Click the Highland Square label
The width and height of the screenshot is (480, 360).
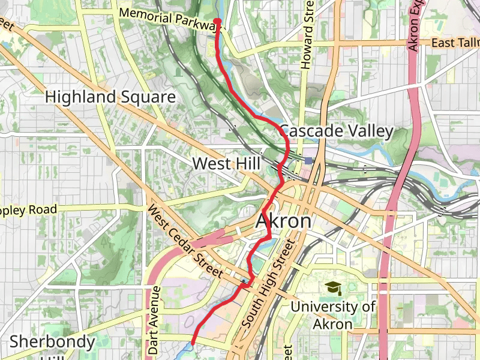[x=110, y=97]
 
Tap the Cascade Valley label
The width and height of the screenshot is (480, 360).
[x=337, y=131]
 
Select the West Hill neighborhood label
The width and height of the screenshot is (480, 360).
[x=226, y=163]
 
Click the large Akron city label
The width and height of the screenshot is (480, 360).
[x=284, y=221]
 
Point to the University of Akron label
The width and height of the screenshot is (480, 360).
[x=333, y=315]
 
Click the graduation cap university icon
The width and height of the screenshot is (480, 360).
[x=332, y=289]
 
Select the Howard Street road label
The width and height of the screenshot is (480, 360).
[x=308, y=36]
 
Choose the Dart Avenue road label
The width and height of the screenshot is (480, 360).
[x=155, y=320]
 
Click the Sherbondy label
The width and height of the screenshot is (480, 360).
[x=52, y=343]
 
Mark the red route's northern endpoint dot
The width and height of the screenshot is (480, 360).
[x=217, y=22]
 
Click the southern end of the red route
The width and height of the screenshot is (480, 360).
[x=192, y=343]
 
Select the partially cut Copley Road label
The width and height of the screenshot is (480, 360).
[x=28, y=211]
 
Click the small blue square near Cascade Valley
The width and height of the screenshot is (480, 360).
[x=308, y=161]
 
